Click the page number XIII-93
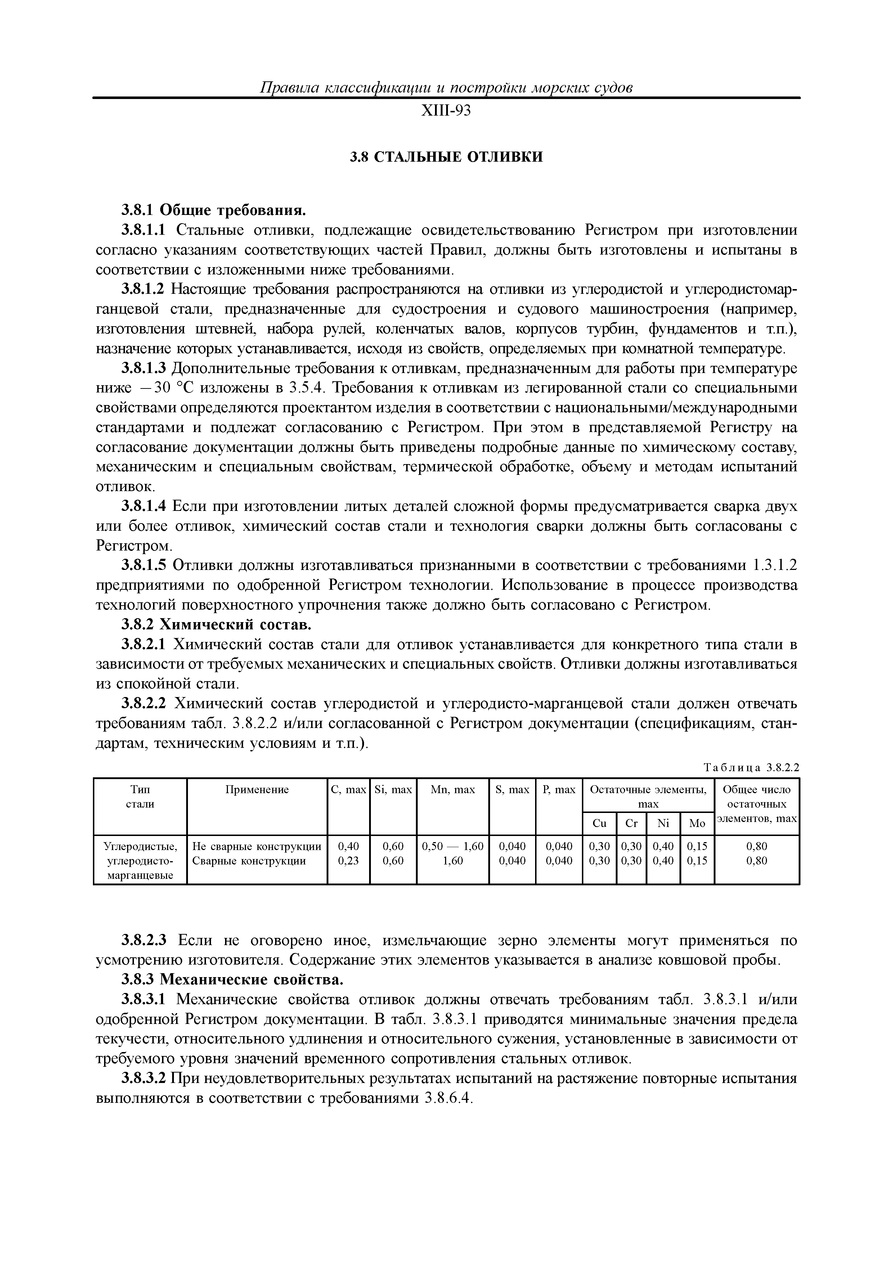coord(446,111)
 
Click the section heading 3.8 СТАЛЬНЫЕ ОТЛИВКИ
coord(446,157)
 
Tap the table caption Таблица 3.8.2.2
coord(750,768)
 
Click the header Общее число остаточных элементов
coord(756,804)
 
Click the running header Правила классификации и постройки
coord(446,87)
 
